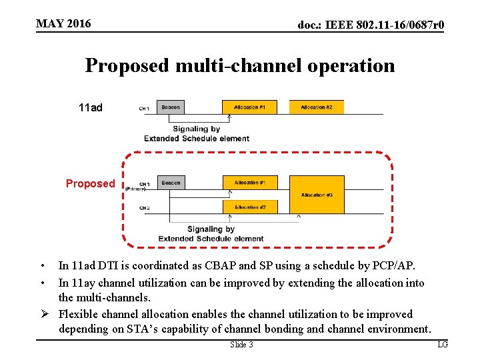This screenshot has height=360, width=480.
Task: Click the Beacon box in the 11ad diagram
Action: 171,107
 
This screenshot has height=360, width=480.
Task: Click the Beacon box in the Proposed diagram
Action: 171,183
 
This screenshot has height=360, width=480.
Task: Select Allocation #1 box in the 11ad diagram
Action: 249,107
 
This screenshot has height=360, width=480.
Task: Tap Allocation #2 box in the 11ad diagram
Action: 316,107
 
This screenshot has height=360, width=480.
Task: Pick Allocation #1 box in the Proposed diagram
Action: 249,183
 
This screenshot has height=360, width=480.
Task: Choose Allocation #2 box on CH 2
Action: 249,207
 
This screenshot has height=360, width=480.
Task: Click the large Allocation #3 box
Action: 317,195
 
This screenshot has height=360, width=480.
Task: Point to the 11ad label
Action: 91,107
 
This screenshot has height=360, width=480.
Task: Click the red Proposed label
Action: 90,184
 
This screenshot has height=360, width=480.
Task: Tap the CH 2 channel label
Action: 145,208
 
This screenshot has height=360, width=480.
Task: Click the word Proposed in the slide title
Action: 127,66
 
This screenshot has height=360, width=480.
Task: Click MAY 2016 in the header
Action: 63,24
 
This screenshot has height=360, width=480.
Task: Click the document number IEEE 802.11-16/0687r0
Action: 371,25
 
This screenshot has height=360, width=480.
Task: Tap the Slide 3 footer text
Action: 241,345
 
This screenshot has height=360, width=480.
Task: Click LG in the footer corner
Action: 443,345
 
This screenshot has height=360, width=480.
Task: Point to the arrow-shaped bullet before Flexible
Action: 42,314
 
